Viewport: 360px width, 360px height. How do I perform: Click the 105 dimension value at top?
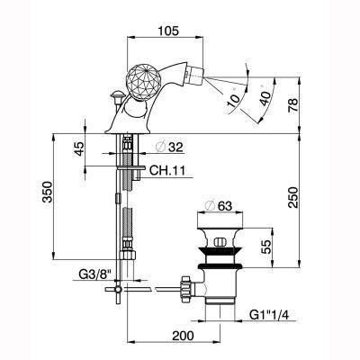(168, 31)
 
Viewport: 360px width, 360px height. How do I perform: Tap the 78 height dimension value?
(293, 105)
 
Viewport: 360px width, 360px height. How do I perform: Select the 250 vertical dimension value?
(293, 197)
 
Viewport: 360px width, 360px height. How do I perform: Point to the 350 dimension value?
(47, 192)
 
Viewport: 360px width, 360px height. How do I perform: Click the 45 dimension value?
(79, 148)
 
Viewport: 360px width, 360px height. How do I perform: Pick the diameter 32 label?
(170, 148)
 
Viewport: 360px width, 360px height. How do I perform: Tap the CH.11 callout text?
(167, 171)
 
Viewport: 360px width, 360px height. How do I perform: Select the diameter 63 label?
(218, 206)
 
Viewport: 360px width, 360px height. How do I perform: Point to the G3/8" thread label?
(94, 274)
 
